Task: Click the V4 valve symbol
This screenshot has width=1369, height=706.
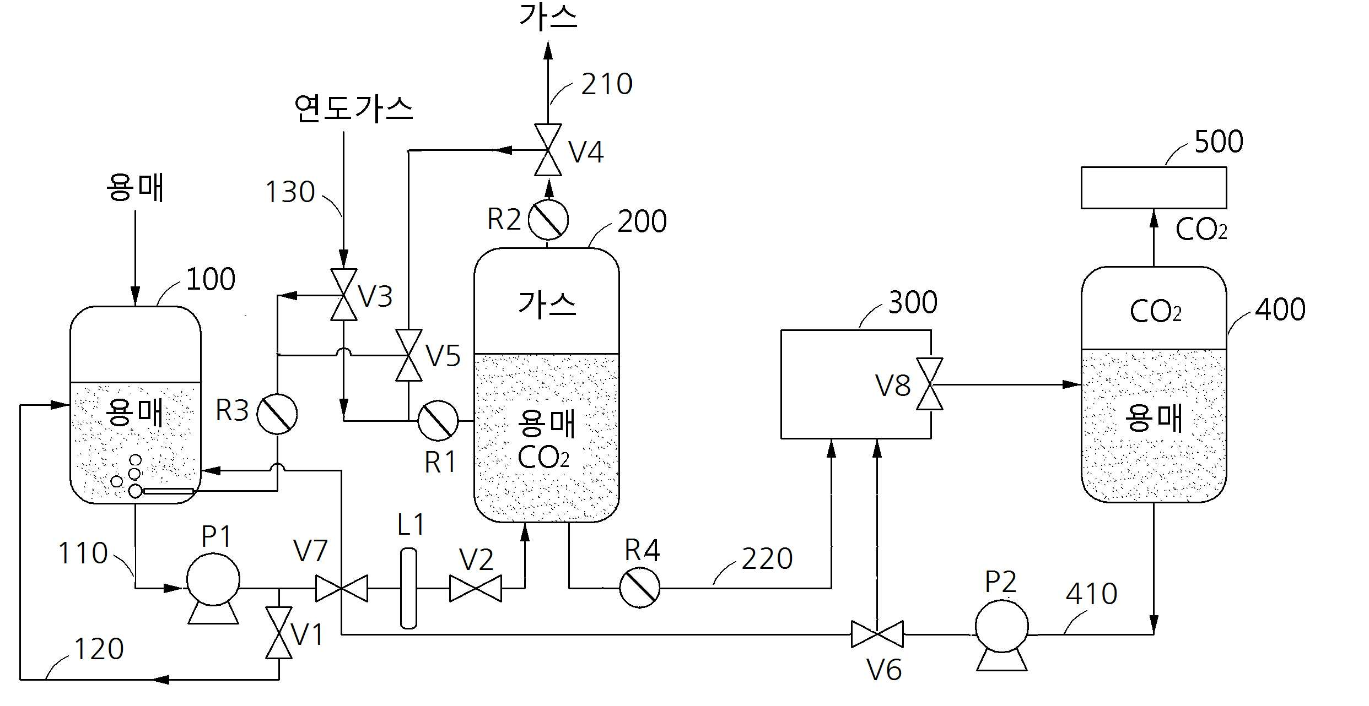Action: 548,150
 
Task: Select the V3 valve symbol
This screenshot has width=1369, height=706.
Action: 343,295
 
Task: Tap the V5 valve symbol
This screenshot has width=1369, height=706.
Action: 408,355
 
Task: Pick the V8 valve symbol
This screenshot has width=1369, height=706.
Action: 930,384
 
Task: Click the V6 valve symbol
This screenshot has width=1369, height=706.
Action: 877,634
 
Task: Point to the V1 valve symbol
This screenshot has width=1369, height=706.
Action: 279,633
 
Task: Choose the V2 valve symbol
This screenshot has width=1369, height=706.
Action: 476,588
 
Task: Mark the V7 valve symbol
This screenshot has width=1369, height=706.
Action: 342,588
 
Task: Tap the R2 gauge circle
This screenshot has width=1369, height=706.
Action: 548,220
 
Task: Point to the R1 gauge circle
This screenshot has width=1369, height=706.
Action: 438,421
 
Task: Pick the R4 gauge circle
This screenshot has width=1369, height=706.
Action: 640,588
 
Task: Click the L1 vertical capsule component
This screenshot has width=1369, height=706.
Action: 408,588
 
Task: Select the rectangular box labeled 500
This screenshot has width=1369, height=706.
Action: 1154,188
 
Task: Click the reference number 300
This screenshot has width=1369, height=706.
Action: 913,302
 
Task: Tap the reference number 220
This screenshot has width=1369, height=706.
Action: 767,559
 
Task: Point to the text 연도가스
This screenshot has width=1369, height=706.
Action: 353,108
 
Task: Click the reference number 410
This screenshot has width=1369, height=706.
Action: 1091,594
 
